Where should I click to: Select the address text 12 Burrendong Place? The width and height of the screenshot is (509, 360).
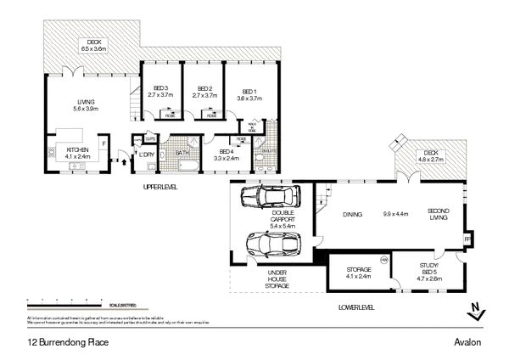pyautogui.click(x=67, y=342)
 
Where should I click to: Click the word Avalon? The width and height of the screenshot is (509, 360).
pyautogui.click(x=467, y=342)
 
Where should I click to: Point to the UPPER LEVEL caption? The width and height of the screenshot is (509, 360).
pyautogui.click(x=159, y=186)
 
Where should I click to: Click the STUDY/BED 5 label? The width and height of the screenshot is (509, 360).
pyautogui.click(x=429, y=273)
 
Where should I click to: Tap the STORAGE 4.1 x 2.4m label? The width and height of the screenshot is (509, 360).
pyautogui.click(x=360, y=273)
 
